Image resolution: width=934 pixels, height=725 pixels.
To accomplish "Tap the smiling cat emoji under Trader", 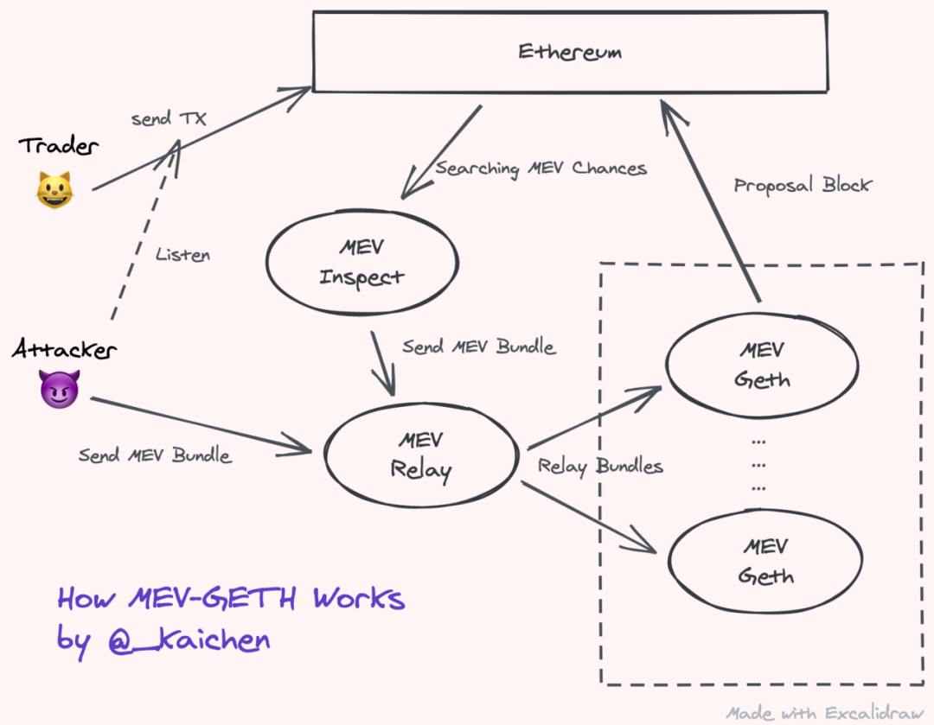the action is point(54,190).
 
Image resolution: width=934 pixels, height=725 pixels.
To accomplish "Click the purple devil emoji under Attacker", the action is point(59,389).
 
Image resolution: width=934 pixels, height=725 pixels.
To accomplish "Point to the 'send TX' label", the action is point(169,118).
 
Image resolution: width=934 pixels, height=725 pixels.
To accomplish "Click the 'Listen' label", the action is point(182,254).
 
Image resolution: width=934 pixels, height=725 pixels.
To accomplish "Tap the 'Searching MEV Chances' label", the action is point(541,169).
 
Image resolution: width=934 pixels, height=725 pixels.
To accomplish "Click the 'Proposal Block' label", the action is point(803,185).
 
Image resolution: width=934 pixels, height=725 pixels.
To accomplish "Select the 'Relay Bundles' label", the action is point(600,466).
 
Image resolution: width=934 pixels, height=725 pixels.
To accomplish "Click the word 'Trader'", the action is point(59,146).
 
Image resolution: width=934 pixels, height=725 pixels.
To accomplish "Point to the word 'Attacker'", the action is point(64,349).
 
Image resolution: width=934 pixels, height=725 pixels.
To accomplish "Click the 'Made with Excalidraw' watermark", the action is point(825,713).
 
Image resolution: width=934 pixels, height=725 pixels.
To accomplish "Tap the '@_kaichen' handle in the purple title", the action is point(189,639).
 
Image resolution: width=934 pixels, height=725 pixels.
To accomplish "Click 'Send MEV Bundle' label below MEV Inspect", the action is point(479,347).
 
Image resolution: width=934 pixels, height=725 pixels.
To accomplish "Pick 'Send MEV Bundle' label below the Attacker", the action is point(155,455).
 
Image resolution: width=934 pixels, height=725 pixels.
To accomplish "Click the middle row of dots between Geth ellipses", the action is point(758,465).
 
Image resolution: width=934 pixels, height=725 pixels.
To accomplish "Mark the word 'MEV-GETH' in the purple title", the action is point(212,598).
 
